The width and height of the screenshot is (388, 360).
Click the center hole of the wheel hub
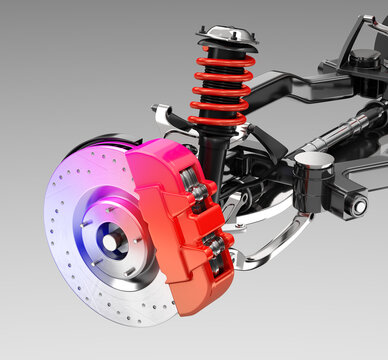109,240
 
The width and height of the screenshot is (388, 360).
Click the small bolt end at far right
359,207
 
